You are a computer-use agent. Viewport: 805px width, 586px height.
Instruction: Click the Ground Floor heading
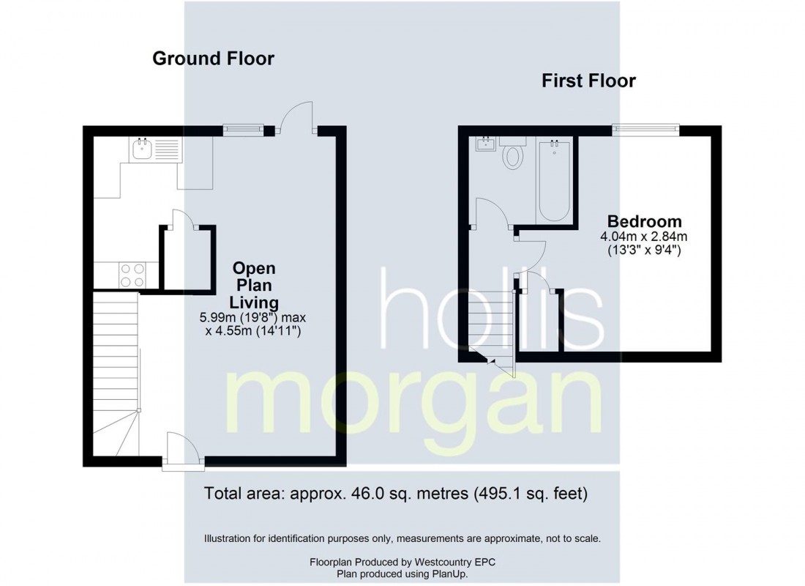coord(213,59)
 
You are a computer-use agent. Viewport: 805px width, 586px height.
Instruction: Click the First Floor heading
coord(588,81)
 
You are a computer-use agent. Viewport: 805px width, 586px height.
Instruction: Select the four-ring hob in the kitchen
coord(132,275)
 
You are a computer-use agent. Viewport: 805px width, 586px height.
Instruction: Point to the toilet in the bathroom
coord(512,153)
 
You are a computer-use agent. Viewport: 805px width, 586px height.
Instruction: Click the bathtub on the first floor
coord(554,179)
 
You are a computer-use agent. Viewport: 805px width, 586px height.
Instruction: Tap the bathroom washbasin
coord(485,144)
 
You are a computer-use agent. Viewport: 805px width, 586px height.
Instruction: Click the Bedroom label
coord(644,221)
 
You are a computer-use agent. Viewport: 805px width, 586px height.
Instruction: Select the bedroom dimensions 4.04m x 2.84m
coord(644,237)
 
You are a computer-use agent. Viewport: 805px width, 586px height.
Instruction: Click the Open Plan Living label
coord(254,285)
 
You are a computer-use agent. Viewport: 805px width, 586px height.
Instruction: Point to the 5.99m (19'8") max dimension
coord(252,318)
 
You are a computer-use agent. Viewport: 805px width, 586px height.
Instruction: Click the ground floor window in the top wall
coord(244,130)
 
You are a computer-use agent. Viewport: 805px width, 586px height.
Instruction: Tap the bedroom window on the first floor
coord(646,130)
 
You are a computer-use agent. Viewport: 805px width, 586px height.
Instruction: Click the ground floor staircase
coord(116,374)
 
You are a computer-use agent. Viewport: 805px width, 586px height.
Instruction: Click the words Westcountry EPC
coord(455,562)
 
